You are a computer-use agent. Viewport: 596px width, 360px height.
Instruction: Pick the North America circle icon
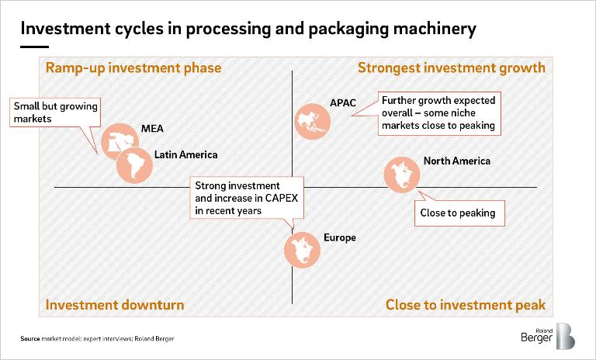pyautogui.click(x=404, y=177)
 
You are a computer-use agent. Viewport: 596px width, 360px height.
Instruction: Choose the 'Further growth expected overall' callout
pyautogui.click(x=438, y=113)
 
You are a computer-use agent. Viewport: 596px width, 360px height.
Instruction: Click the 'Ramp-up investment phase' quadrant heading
pyautogui.click(x=133, y=68)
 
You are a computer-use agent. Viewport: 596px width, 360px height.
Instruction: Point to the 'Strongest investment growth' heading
pyautogui.click(x=451, y=68)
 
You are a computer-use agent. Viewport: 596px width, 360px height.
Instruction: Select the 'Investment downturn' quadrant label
pyautogui.click(x=115, y=304)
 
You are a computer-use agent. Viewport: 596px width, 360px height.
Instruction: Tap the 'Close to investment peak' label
pyautogui.click(x=465, y=304)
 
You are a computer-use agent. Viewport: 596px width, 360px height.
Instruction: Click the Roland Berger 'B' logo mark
pyautogui.click(x=566, y=336)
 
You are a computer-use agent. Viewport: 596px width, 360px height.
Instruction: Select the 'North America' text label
pyautogui.click(x=456, y=161)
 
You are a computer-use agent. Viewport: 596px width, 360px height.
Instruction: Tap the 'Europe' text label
pyautogui.click(x=339, y=237)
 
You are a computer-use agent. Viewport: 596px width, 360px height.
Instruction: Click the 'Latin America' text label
pyautogui.click(x=186, y=154)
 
